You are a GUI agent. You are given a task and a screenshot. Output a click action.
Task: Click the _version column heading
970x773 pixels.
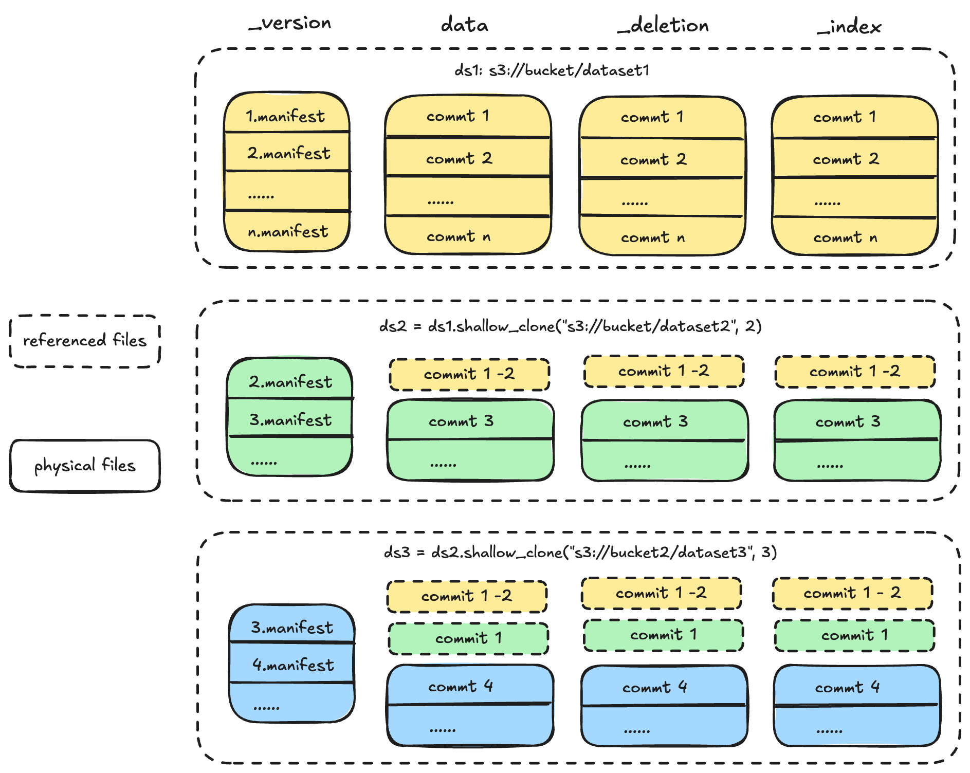pyautogui.click(x=290, y=24)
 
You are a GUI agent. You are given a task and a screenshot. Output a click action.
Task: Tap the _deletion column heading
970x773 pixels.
pyautogui.click(x=663, y=25)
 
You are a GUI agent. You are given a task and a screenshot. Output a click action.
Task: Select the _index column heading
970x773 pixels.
pyautogui.click(x=849, y=27)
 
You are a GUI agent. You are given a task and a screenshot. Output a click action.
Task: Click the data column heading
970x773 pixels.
pyautogui.click(x=464, y=25)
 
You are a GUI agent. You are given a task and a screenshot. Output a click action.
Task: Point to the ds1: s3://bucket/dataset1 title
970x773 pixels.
pyautogui.click(x=552, y=70)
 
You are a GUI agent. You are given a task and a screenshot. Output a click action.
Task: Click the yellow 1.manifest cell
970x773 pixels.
pyautogui.click(x=286, y=116)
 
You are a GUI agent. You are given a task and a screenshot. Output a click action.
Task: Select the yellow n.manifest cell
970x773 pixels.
pyautogui.click(x=287, y=232)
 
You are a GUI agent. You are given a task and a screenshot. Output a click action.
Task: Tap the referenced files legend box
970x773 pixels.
pyautogui.click(x=85, y=340)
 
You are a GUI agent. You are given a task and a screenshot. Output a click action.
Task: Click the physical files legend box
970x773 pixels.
pyautogui.click(x=85, y=466)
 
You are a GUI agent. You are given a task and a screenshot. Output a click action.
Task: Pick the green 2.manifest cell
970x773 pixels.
pyautogui.click(x=290, y=381)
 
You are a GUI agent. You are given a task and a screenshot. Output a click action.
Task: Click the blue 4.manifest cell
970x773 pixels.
pyautogui.click(x=292, y=665)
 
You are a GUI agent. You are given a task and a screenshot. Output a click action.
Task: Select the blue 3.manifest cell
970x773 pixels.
pyautogui.click(x=291, y=627)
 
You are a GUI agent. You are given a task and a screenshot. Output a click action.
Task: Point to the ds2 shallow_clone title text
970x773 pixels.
pyautogui.click(x=570, y=326)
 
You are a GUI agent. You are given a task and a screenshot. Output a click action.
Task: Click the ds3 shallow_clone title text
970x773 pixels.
pyautogui.click(x=580, y=553)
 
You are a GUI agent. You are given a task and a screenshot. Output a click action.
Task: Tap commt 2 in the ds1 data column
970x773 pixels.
pyautogui.click(x=459, y=158)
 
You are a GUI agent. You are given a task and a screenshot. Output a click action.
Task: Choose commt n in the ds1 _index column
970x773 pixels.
pyautogui.click(x=845, y=237)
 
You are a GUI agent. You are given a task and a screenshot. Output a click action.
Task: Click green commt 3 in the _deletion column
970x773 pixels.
pyautogui.click(x=655, y=422)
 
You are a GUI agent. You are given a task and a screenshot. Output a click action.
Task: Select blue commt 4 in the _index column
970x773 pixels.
pyautogui.click(x=847, y=687)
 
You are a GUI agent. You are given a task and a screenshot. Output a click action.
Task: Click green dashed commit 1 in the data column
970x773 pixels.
pyautogui.click(x=468, y=638)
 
